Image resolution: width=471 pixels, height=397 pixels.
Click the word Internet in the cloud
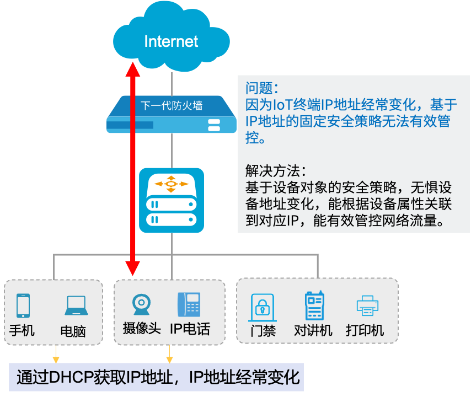(171, 41)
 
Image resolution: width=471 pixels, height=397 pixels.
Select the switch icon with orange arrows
(171, 200)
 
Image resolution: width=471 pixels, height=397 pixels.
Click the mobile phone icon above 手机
(23, 305)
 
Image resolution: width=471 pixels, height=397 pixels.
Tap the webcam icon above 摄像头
(141, 305)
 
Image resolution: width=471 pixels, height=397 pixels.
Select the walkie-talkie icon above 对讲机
(314, 305)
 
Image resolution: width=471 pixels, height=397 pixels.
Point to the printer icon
(367, 305)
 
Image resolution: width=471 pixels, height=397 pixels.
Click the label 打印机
(365, 330)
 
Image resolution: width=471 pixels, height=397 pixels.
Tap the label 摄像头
(141, 329)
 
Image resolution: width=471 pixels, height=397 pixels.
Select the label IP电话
(190, 329)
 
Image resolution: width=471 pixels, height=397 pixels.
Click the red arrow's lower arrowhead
(132, 267)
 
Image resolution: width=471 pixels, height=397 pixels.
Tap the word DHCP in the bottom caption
(72, 377)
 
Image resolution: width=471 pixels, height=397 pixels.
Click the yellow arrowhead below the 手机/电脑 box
(55, 352)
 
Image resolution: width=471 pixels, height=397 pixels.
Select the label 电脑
(73, 331)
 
